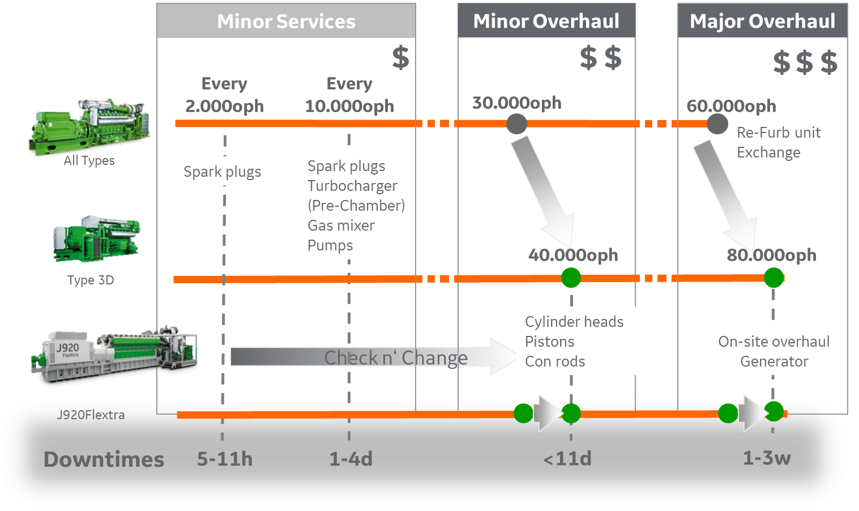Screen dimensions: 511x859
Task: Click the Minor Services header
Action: coord(286,22)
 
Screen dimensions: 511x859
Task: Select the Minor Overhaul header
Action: coord(546,22)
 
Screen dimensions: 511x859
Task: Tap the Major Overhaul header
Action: coord(762,22)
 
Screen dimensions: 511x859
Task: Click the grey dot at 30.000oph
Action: coord(516,124)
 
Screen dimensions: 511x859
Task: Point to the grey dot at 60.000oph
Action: coord(717,124)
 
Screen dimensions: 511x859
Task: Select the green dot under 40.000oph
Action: coord(571,278)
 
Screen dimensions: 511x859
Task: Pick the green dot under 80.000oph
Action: coord(773,278)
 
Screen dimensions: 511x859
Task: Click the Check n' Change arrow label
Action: coord(396,357)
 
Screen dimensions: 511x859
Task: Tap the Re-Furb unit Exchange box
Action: coord(784,142)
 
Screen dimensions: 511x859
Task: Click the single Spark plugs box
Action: coord(223,172)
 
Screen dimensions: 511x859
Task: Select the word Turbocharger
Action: coord(352,186)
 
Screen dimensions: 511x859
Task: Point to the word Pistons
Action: coord(549,342)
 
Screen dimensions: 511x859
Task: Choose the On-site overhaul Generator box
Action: coord(774,351)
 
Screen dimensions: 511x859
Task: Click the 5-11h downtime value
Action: coord(225,458)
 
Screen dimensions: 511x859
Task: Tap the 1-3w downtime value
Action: coord(767,458)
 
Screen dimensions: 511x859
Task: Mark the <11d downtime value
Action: coord(567,458)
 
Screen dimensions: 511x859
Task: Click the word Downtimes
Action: coord(104,459)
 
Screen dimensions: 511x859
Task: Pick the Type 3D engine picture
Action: coord(96,239)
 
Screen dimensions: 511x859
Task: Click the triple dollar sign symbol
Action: coord(805,62)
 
